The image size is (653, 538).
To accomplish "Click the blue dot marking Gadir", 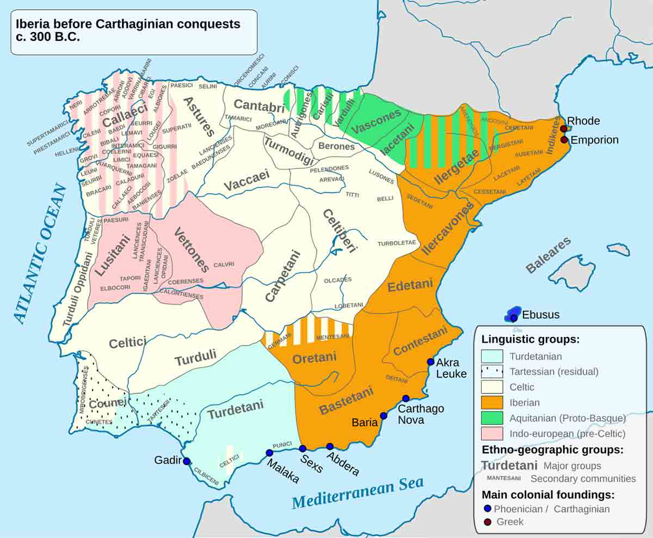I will (187, 461).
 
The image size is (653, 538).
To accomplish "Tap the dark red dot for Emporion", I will (564, 140).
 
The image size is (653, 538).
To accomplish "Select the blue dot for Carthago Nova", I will (405, 398).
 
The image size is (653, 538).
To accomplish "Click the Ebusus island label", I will (540, 315).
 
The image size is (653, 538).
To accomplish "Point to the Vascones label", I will (376, 122).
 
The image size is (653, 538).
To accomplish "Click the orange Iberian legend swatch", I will (494, 403).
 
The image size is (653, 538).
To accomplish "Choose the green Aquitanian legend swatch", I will (494, 418).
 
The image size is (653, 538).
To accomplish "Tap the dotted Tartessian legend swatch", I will (494, 372).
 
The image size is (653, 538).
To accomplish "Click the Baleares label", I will (549, 255).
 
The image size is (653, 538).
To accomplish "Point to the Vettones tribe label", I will (191, 249).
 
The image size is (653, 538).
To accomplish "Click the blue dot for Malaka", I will (269, 453).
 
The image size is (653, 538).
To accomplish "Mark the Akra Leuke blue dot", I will (430, 361).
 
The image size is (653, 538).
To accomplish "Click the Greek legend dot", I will (488, 522).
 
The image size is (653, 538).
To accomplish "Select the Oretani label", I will (315, 358).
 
